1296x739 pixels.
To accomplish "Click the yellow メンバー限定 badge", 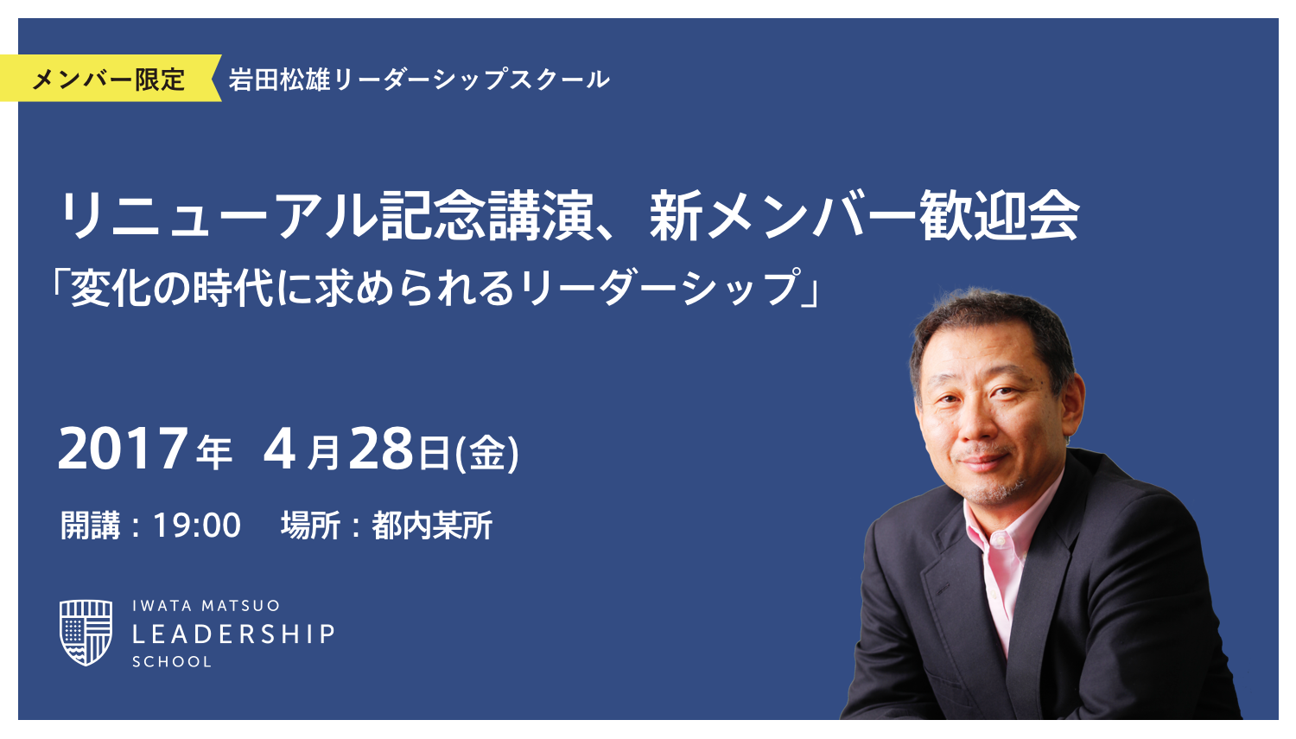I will click(x=108, y=80).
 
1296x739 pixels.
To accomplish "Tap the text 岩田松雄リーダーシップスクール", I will click(x=418, y=80).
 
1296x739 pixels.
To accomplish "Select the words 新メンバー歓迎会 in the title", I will click(x=864, y=216).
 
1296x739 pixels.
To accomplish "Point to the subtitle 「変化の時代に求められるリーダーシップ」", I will click(x=436, y=288).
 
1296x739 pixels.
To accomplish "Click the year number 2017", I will click(x=123, y=449).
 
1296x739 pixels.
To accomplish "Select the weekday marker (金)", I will click(x=488, y=452).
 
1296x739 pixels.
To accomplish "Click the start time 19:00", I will click(x=197, y=526).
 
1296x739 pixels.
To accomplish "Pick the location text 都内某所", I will click(x=432, y=526).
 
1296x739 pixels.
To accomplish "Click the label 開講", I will click(x=90, y=526).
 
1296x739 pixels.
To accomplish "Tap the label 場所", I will click(x=310, y=526).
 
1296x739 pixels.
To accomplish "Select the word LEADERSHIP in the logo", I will click(x=233, y=634).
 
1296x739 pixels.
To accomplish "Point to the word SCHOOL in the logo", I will click(x=172, y=662).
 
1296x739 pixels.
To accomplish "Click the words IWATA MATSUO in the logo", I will click(x=206, y=606).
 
